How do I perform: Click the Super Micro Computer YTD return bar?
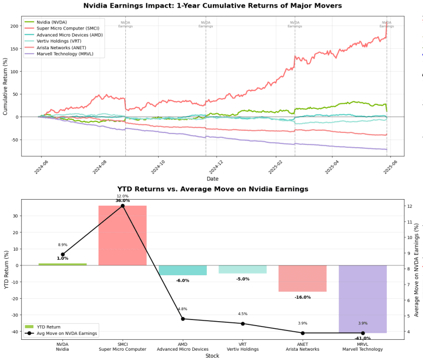tap(122, 235)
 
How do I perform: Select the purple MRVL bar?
tap(363, 299)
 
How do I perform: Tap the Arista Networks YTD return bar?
tap(303, 278)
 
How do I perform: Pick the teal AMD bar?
tap(183, 270)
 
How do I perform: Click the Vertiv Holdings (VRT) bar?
tap(242, 269)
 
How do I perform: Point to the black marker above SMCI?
tap(123, 206)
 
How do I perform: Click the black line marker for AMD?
tap(183, 319)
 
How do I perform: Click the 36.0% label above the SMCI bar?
tap(123, 201)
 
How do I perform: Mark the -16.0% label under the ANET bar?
tap(303, 297)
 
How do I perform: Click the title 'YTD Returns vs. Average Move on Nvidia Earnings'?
tap(212, 189)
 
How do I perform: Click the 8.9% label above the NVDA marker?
tap(62, 245)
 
